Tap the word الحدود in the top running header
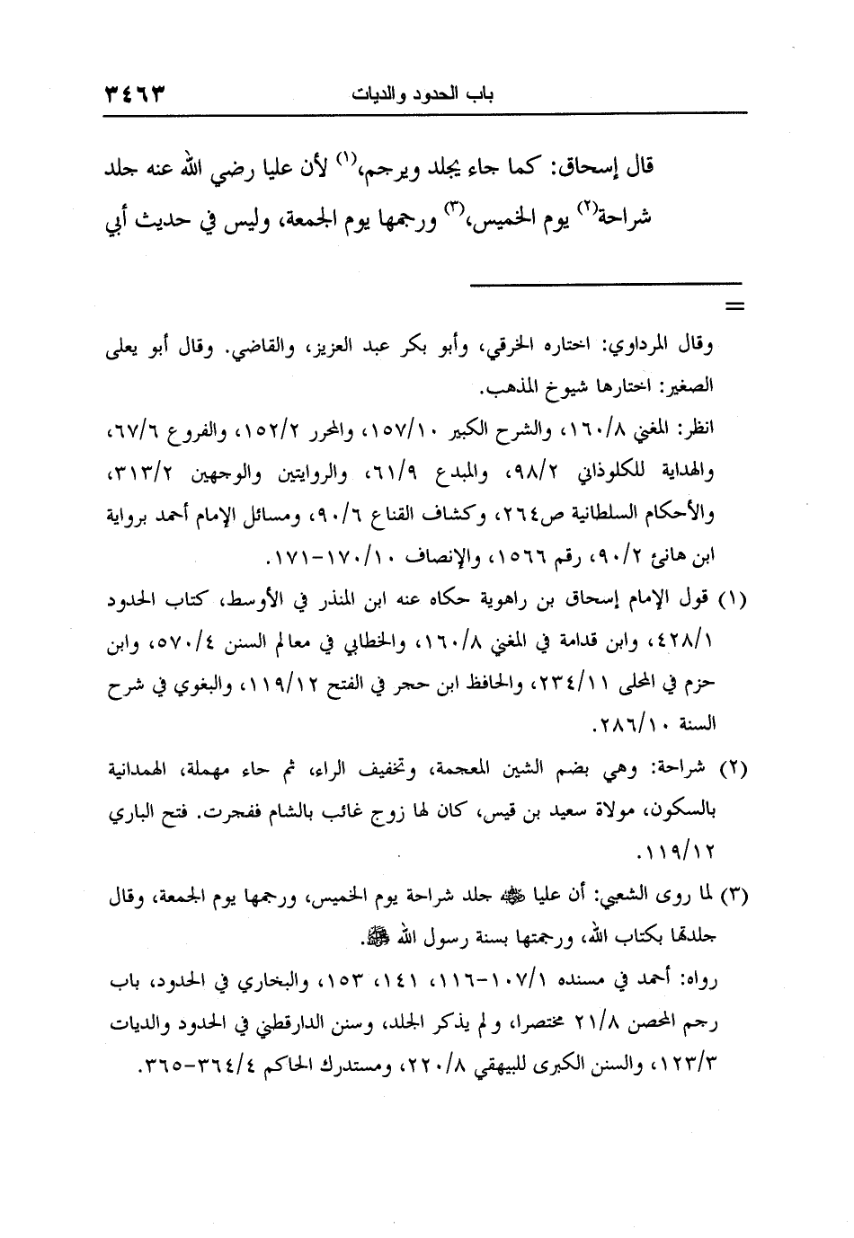453,93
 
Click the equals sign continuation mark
736,308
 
